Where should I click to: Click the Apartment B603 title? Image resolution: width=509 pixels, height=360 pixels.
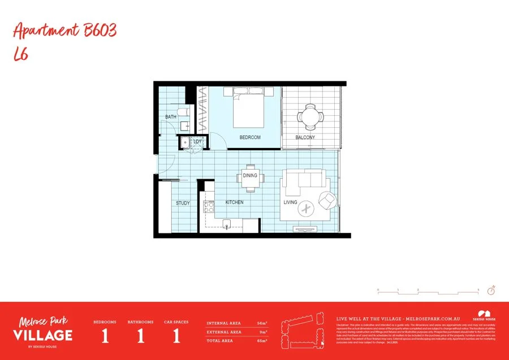click(x=64, y=31)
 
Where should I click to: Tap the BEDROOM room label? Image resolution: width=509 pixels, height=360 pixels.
click(x=250, y=137)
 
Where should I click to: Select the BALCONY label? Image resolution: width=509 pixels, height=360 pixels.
click(x=305, y=137)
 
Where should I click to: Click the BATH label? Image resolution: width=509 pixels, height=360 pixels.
click(x=170, y=117)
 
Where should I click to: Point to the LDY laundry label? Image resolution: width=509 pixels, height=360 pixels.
click(x=197, y=141)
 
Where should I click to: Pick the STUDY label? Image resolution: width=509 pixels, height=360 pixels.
click(x=182, y=203)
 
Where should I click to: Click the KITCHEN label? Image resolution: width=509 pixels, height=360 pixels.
click(x=235, y=202)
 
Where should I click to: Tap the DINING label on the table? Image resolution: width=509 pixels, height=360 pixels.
click(x=250, y=175)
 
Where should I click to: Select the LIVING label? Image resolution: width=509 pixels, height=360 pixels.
click(x=290, y=202)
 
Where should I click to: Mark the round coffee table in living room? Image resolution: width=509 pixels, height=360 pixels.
click(x=307, y=209)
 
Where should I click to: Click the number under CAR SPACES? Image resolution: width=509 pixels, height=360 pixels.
click(x=176, y=336)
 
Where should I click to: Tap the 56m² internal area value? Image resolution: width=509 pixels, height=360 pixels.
click(x=262, y=323)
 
